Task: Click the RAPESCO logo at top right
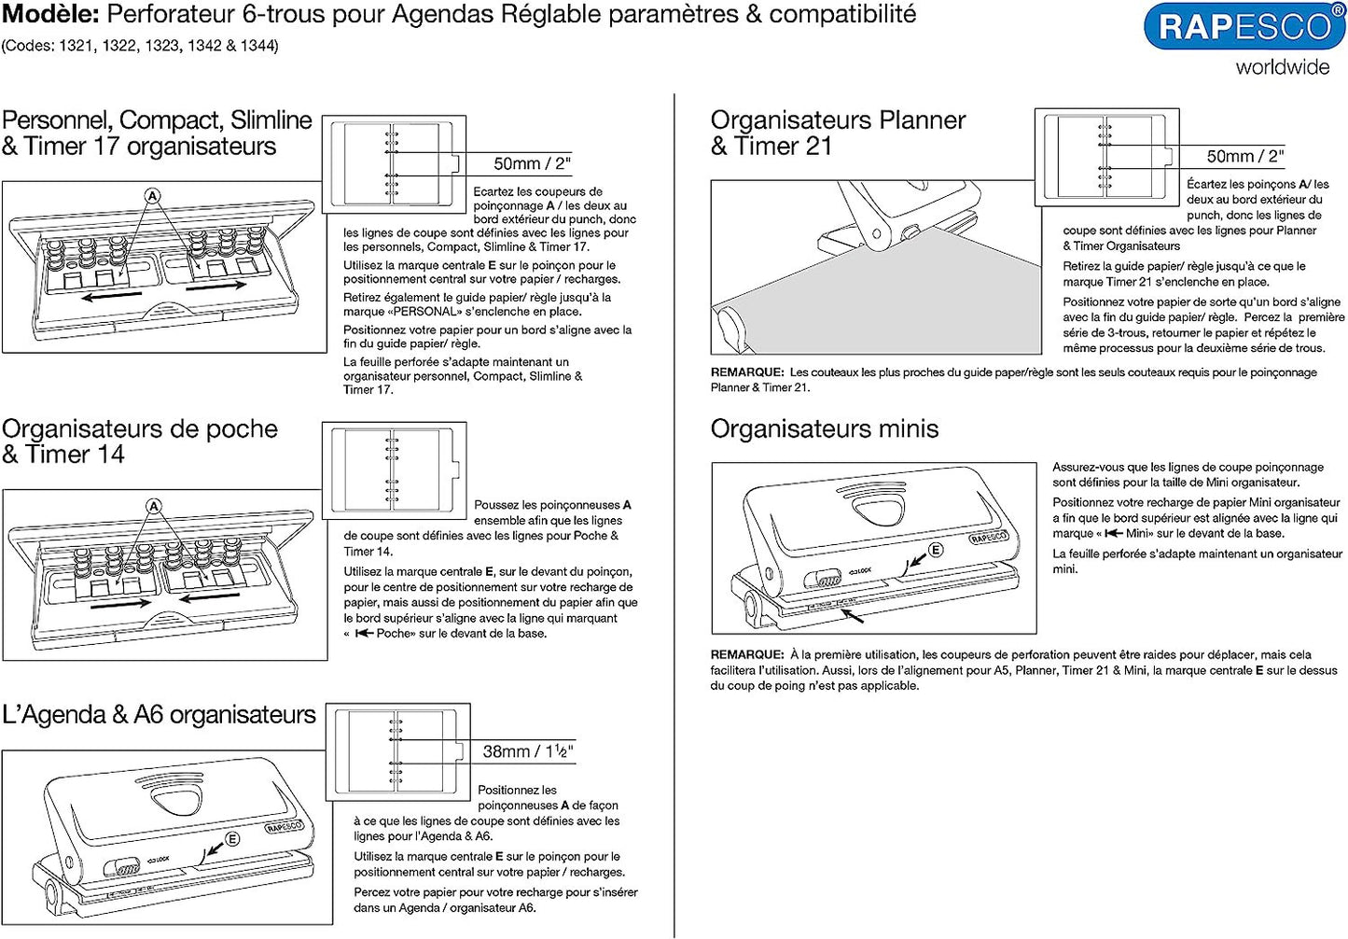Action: (x=1244, y=27)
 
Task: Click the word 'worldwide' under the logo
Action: (x=1282, y=67)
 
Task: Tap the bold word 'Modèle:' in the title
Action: (x=50, y=14)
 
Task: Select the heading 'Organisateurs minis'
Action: (x=824, y=428)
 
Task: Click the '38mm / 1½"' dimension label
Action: (x=527, y=751)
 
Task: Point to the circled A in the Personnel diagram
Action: (x=153, y=196)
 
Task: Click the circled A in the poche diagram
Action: (x=154, y=506)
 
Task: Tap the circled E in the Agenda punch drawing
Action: (x=231, y=838)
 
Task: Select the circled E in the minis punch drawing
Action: (x=935, y=550)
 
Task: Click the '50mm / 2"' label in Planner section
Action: (x=1244, y=156)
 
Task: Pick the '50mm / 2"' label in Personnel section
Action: (x=532, y=164)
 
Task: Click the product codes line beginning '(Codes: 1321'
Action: (x=140, y=46)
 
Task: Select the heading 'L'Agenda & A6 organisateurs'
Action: (x=159, y=715)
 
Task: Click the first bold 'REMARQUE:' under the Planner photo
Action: (x=746, y=372)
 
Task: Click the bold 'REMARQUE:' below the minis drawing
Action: (x=746, y=655)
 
